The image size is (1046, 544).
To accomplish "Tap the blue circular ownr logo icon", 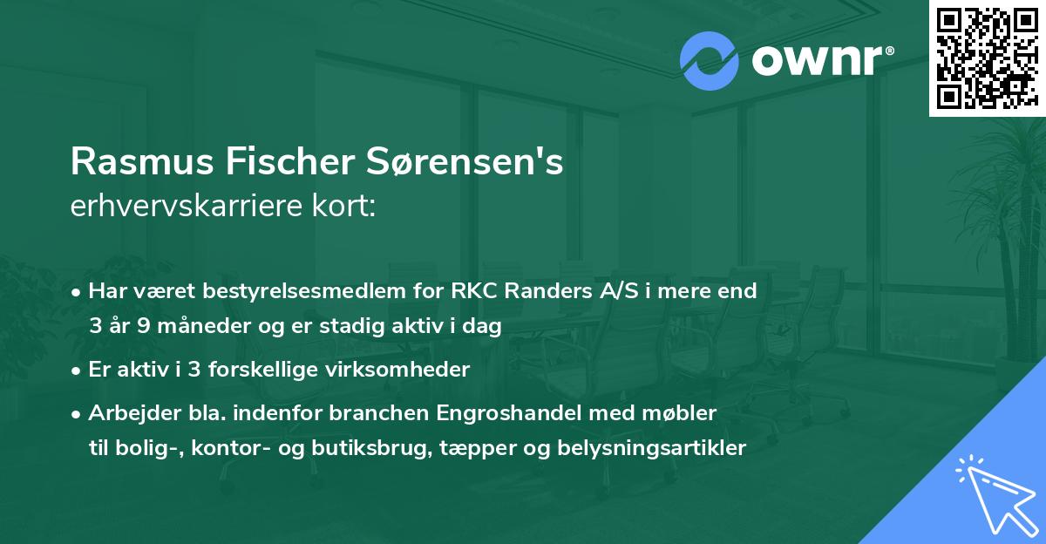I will [x=710, y=61].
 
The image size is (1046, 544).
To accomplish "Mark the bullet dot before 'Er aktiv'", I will [x=78, y=370].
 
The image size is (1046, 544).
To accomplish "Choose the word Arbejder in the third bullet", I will [x=126, y=411].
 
